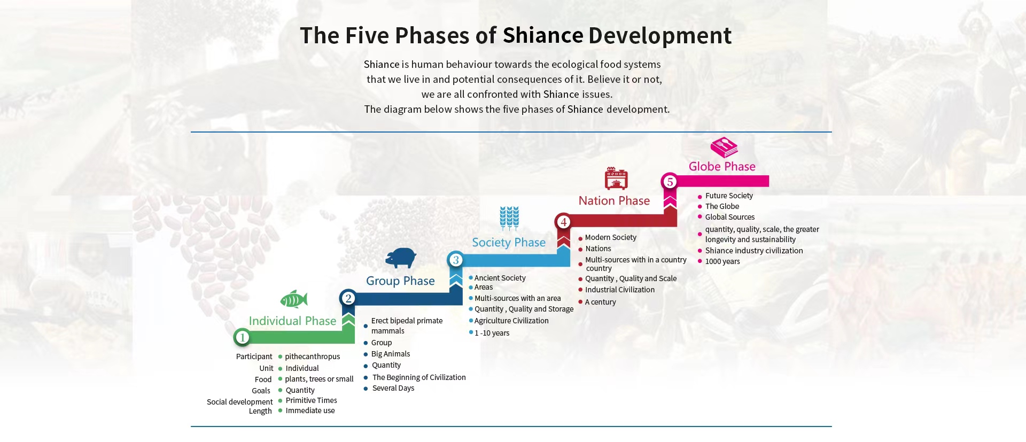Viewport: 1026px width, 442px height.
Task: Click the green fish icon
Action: tap(294, 299)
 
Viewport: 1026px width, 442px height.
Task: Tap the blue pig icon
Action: tap(401, 258)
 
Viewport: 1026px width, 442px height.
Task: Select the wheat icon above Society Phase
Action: tap(509, 218)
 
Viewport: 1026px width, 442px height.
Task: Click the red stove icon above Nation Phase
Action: tap(616, 179)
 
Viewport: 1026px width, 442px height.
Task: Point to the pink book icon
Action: tap(724, 148)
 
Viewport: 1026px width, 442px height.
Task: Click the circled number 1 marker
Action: tap(242, 337)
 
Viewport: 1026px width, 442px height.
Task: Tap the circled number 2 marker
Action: tap(348, 298)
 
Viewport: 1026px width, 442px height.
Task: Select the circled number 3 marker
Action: tap(455, 260)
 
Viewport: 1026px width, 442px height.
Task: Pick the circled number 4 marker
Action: tap(563, 222)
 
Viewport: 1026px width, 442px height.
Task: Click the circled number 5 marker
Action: tap(670, 182)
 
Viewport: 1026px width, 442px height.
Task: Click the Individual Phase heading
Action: tap(292, 321)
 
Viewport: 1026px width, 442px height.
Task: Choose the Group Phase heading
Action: tap(400, 281)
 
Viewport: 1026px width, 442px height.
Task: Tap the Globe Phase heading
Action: tap(722, 166)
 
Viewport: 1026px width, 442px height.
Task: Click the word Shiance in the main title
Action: tap(542, 35)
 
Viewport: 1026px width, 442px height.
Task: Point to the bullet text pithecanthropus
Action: tap(312, 356)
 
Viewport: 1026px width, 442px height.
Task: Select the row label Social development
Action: tap(239, 402)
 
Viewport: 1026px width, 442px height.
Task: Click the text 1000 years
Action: tap(722, 261)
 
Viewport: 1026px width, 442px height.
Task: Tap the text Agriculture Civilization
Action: tap(511, 321)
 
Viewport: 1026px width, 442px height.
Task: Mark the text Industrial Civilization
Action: tap(620, 290)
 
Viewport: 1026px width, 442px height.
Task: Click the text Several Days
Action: tap(393, 388)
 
